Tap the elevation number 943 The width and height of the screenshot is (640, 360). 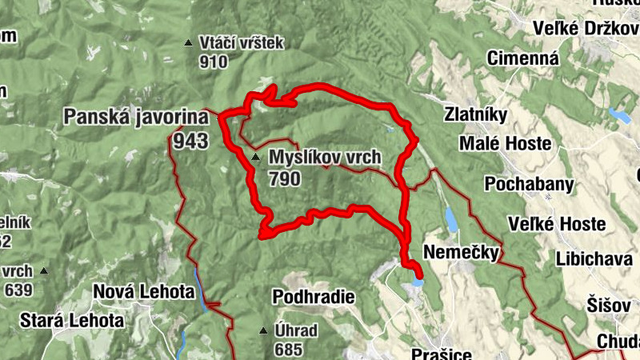click(x=189, y=142)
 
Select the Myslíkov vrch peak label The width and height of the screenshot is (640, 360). click(x=325, y=157)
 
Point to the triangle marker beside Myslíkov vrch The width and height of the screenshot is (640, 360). click(x=255, y=158)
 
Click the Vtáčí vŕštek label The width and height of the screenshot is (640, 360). click(x=242, y=43)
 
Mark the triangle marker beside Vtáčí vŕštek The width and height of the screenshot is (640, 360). click(x=188, y=43)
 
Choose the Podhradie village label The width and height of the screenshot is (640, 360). click(x=313, y=298)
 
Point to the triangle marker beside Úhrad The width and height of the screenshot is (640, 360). click(x=263, y=330)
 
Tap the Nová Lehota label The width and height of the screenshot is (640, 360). click(x=144, y=293)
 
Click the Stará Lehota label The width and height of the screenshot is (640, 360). click(x=73, y=321)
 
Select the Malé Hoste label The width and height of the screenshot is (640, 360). click(x=505, y=143)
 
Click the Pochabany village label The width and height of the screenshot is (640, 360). click(x=528, y=185)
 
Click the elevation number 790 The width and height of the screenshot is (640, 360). click(x=285, y=178)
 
